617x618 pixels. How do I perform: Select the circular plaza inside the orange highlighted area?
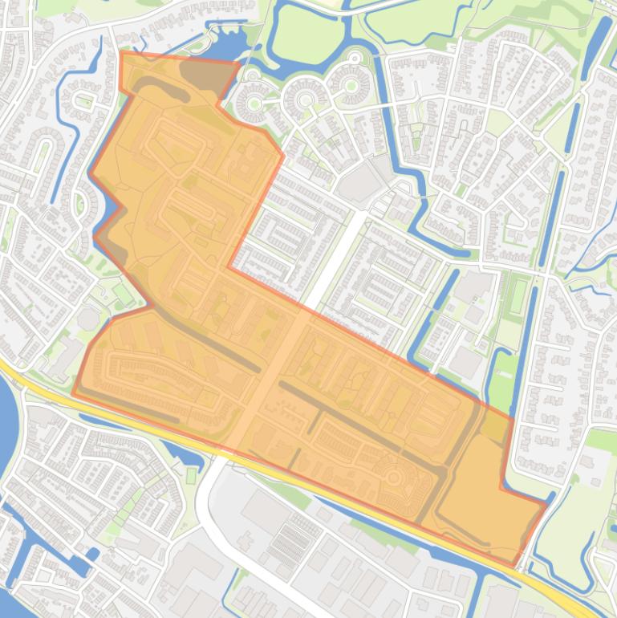pyautogui.click(x=393, y=478)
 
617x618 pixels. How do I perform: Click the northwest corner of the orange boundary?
pyautogui.click(x=120, y=53)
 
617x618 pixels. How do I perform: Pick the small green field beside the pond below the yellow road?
pyautogui.click(x=191, y=476)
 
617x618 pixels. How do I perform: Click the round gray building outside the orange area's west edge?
pyautogui.click(x=87, y=318)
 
